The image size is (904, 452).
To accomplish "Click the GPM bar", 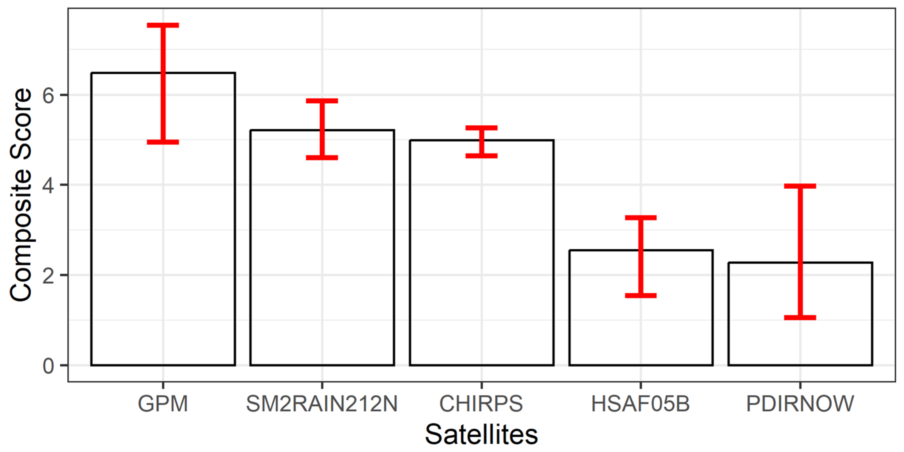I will [x=163, y=246].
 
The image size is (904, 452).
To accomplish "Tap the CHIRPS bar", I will [x=482, y=267].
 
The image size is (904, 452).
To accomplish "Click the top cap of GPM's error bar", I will [x=163, y=25].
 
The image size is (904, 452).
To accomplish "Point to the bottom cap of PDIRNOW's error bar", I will [x=800, y=318].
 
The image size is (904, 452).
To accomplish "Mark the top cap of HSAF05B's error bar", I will [x=641, y=218].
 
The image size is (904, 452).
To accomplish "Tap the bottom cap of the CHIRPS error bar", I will [x=482, y=156].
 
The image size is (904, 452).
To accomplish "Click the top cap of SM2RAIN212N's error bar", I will [x=322, y=101].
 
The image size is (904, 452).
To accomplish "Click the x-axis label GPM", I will [x=163, y=404].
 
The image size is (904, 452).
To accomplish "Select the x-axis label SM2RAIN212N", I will [x=322, y=404].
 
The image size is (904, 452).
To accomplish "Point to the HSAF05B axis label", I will [x=641, y=404].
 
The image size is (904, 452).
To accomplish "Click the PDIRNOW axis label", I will [x=800, y=404].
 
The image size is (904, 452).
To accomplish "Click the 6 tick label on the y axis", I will [x=49, y=95].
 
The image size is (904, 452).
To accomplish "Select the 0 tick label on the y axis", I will [x=49, y=366].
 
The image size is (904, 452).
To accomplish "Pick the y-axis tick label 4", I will [x=49, y=185].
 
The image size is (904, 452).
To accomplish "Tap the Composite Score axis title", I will [x=20, y=195].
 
